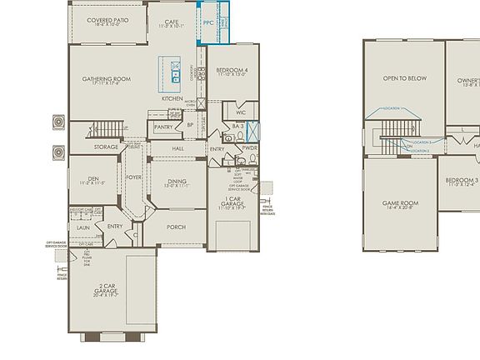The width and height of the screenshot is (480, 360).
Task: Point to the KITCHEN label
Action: (172, 98)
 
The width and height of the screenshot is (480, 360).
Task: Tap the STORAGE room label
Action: (107, 147)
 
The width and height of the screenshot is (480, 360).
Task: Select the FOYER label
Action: (133, 177)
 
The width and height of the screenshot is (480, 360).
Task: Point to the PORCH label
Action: (176, 227)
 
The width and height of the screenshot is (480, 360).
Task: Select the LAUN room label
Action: (83, 226)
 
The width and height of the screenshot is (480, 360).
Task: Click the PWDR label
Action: (249, 148)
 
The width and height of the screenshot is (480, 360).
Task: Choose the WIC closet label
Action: (240, 112)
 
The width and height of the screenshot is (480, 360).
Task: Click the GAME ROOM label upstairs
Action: (400, 202)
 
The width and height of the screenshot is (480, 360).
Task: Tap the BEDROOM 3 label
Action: (461, 181)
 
